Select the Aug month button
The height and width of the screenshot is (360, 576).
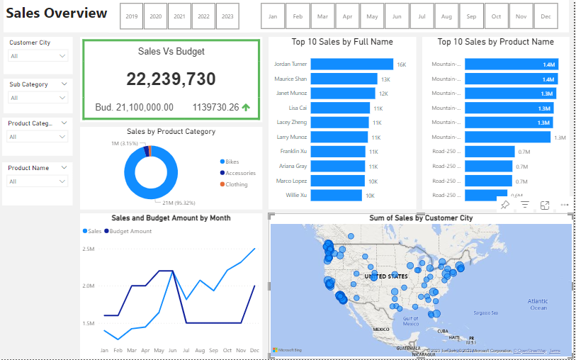(x=446, y=16)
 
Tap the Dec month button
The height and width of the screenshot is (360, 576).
(x=545, y=16)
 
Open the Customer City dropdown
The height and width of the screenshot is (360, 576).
(x=38, y=55)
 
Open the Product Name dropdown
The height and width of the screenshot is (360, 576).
(x=38, y=181)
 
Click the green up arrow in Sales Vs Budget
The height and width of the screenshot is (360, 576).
(x=246, y=107)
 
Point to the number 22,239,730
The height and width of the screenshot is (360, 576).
(x=171, y=79)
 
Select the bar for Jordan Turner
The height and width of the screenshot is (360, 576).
(x=351, y=64)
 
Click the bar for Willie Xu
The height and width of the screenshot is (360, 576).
(x=337, y=195)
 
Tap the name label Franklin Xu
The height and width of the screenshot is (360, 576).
(x=293, y=151)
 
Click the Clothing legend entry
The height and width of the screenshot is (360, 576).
(x=236, y=184)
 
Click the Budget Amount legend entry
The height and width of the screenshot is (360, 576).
(x=131, y=231)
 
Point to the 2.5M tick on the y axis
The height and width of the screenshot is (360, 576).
(x=89, y=249)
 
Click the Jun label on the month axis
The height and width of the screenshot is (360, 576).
(x=172, y=351)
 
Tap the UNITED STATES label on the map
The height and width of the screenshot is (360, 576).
(x=386, y=276)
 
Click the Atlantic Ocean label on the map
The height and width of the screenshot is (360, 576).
(x=538, y=304)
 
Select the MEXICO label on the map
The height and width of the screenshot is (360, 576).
(x=381, y=330)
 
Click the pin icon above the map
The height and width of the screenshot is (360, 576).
(x=505, y=205)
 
